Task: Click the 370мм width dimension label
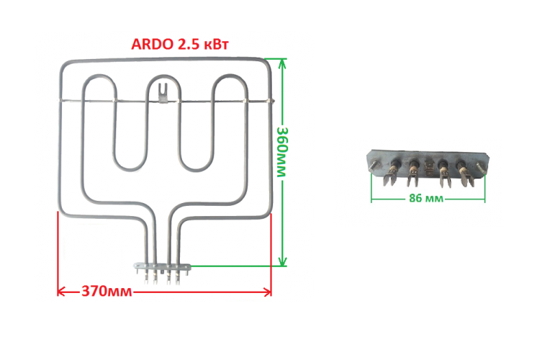click(x=107, y=292)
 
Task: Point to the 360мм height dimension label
click(x=282, y=152)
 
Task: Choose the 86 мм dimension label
click(x=426, y=198)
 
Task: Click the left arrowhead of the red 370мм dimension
click(x=62, y=292)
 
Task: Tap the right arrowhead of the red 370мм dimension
click(x=267, y=292)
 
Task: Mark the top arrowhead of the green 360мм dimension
click(x=282, y=63)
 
